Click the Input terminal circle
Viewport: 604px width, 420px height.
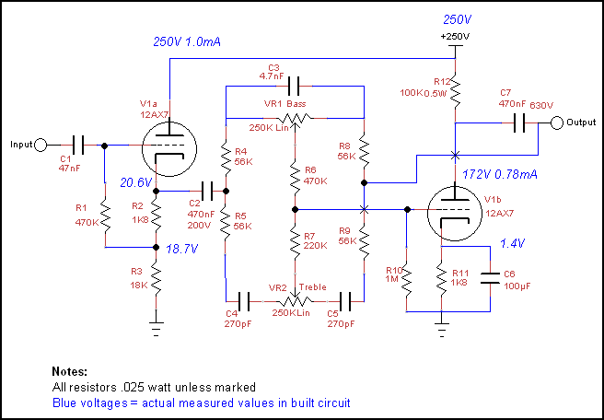(41, 146)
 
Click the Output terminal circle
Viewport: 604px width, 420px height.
(557, 122)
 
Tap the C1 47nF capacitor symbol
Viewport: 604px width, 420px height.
(78, 146)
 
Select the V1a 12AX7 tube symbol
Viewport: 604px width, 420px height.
(169, 149)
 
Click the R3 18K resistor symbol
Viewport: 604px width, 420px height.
(156, 276)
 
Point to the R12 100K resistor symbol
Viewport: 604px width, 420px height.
(456, 91)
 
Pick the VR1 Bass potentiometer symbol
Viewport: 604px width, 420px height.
(295, 118)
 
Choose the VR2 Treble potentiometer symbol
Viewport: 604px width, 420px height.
(295, 300)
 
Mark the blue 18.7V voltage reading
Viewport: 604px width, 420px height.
(181, 250)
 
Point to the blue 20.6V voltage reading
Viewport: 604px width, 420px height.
(136, 182)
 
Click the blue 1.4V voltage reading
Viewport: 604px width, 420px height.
(513, 243)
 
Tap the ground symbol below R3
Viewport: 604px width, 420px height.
(156, 327)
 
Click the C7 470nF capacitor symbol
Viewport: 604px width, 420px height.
(519, 122)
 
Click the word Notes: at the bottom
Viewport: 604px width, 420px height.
(70, 372)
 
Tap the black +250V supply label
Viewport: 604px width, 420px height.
(456, 37)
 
